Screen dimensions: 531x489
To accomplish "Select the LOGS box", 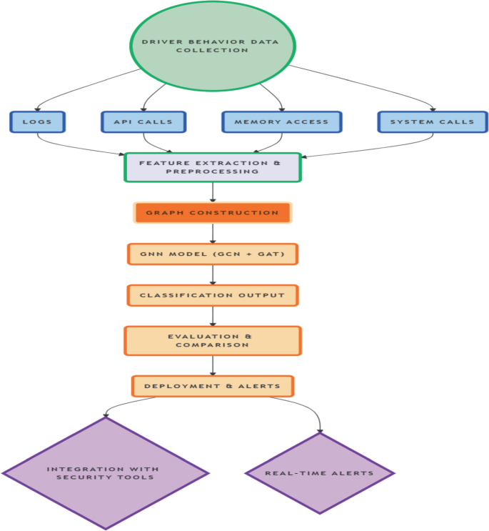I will [x=37, y=121].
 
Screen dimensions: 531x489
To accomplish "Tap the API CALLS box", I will [x=143, y=121].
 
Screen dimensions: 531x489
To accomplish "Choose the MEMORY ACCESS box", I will [x=282, y=121].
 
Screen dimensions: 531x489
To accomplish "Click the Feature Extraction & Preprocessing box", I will [x=213, y=167].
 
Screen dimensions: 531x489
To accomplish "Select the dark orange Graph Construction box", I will [x=213, y=213].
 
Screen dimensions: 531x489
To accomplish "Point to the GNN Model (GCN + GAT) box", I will [x=213, y=254].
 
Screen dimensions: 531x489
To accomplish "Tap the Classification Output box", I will [x=213, y=295].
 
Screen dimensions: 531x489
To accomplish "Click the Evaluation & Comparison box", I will [x=213, y=340].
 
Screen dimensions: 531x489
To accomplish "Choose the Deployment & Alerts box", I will [x=213, y=386].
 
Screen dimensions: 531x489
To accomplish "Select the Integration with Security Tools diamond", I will [x=106, y=473].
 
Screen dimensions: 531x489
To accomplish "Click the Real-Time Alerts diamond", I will [x=319, y=473].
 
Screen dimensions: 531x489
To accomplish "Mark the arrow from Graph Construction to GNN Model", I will [x=213, y=233].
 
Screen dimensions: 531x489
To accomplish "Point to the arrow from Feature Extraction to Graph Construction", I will [x=213, y=192].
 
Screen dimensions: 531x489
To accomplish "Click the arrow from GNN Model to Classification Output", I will [x=213, y=274].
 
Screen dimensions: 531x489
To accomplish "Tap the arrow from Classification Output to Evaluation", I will [x=213, y=315].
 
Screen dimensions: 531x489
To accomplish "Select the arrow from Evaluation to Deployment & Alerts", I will [x=213, y=364].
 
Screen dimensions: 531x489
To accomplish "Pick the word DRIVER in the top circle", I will [x=158, y=41].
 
